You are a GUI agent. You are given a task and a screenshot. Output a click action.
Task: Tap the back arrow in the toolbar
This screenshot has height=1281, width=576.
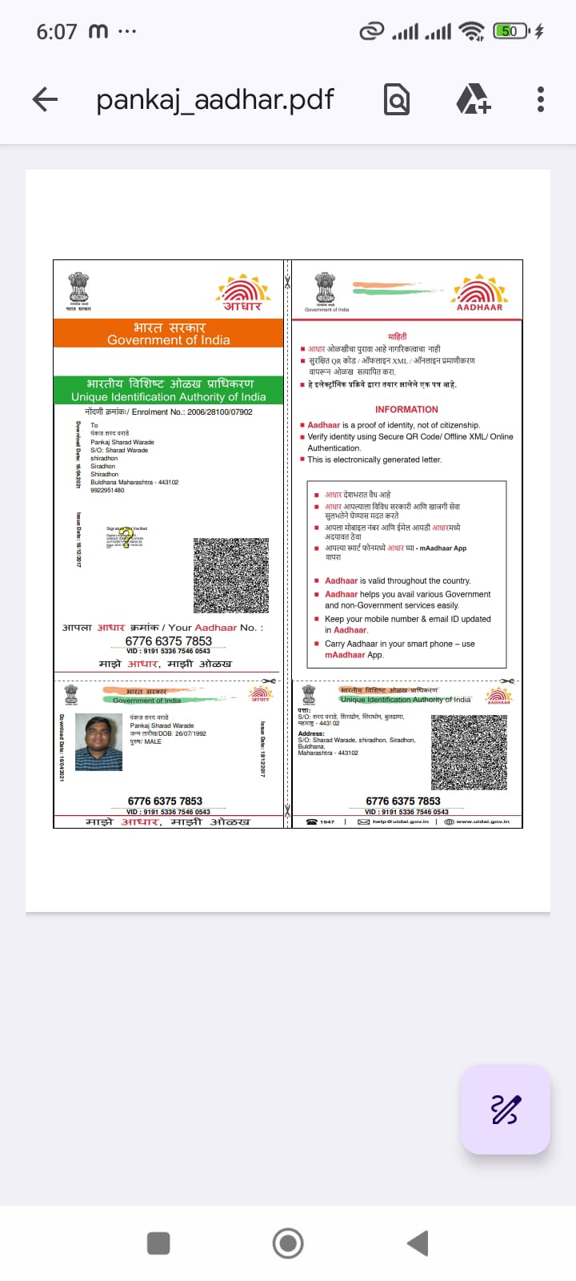coord(45,99)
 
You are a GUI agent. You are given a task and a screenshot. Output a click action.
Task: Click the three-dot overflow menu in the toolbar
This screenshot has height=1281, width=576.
coord(541,99)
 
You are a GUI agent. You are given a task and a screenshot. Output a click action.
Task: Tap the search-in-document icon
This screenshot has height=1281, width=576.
coord(397,100)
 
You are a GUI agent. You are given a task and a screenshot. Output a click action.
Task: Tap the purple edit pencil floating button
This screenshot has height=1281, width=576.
coord(505,1110)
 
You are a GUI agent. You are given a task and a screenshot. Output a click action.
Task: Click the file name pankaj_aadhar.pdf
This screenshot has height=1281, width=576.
coord(214,100)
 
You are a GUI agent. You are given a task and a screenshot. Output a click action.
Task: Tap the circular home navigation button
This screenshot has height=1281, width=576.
coord(288,1243)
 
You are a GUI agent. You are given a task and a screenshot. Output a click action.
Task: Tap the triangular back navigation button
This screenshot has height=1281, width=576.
coord(418,1243)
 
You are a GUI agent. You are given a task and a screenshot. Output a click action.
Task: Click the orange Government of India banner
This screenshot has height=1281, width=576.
coord(169,333)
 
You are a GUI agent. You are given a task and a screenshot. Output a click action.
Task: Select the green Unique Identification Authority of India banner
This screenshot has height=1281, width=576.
coord(169,390)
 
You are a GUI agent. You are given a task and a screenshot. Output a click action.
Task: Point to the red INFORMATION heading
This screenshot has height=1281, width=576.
coord(406,409)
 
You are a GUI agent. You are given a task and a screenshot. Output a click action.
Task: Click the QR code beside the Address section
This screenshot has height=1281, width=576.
coord(469,752)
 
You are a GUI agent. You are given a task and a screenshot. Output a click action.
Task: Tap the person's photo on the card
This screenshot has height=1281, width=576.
coord(98,742)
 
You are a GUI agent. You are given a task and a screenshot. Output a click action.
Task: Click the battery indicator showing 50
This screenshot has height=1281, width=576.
coord(511,31)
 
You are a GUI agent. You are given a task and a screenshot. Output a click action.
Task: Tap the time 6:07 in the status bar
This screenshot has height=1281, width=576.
coord(56,32)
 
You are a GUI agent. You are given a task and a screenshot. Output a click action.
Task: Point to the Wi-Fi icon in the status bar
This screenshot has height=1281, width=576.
coord(472,31)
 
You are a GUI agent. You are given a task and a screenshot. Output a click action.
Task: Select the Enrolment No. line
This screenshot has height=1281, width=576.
coord(169,412)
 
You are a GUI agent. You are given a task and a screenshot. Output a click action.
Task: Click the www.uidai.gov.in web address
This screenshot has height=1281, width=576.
coord(478,821)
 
